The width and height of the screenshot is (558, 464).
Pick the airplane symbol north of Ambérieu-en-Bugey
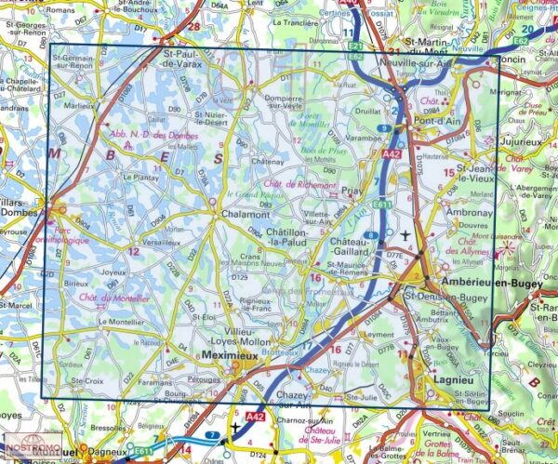(405, 234)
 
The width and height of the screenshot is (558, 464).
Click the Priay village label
(352, 191)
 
